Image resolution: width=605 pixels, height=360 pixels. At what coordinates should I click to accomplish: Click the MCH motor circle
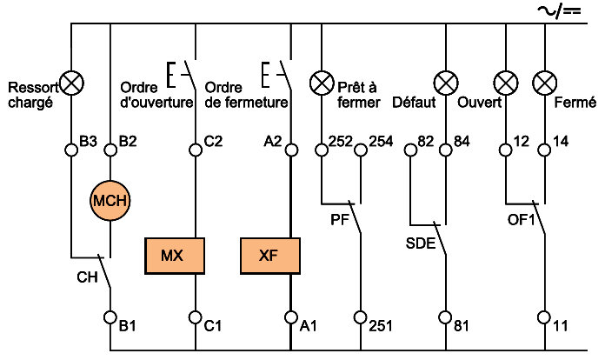[110, 201]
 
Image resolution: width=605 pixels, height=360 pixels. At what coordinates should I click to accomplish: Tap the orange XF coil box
[270, 256]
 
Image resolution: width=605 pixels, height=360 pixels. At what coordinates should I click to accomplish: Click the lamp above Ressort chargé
[72, 83]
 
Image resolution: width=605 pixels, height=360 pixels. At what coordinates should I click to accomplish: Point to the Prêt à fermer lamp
[322, 83]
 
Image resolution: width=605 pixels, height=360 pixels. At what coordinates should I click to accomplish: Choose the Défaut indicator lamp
[447, 83]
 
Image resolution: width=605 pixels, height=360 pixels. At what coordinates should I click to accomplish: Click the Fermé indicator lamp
[544, 83]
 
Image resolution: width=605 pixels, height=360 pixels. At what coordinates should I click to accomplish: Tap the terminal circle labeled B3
[72, 149]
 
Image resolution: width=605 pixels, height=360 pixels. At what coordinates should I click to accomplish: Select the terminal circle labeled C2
[195, 149]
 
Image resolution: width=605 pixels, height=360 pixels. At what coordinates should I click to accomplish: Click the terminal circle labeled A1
[290, 317]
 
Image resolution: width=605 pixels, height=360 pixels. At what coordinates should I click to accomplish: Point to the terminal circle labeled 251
[361, 317]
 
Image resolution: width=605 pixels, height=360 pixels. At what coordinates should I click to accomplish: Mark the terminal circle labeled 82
[409, 149]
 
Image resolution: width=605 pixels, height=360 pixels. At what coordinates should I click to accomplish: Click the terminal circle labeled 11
[544, 317]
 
